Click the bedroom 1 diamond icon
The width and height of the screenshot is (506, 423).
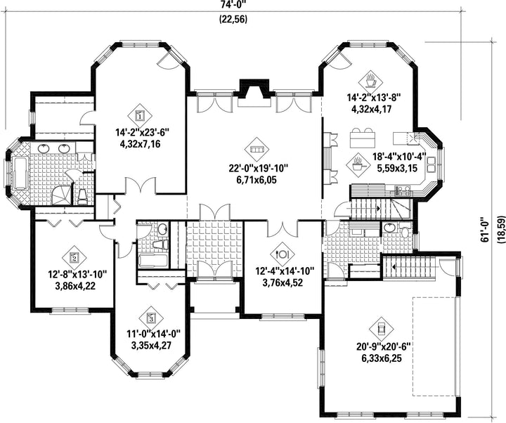(x=140, y=115)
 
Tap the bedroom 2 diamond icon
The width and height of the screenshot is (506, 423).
(x=74, y=257)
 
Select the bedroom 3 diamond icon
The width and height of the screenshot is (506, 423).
(x=150, y=318)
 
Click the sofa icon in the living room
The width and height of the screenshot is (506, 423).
(x=257, y=150)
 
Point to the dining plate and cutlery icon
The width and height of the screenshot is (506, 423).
(x=283, y=254)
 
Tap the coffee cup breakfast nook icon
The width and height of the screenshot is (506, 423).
(x=371, y=81)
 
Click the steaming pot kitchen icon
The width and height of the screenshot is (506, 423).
(x=358, y=164)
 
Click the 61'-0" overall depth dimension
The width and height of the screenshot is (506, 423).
(x=485, y=229)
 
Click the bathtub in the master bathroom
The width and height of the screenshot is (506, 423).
(x=20, y=174)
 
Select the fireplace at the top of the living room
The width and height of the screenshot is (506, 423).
(x=254, y=93)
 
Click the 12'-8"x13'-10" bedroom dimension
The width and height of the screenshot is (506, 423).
(x=78, y=275)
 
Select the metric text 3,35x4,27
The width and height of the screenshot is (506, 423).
(x=151, y=346)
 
